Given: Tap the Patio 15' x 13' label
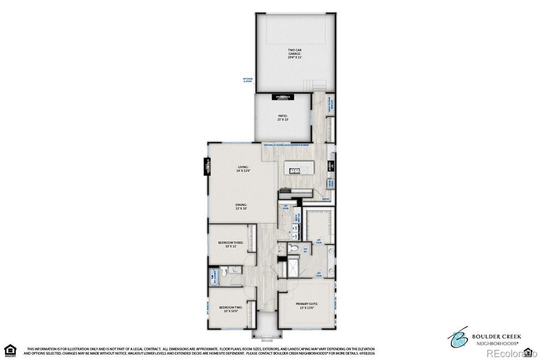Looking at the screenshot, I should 283,118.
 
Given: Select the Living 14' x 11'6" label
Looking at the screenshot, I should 243,169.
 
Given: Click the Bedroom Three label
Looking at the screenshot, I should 230,244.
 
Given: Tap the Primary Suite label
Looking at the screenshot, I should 307,305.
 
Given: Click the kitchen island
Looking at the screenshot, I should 296,171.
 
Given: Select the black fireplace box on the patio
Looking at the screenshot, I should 283,97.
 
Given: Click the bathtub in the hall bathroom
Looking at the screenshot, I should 213,277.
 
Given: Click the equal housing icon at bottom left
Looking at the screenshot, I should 10,350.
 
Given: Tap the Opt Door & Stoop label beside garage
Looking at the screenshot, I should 248,80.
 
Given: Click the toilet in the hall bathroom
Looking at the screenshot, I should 223,273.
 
